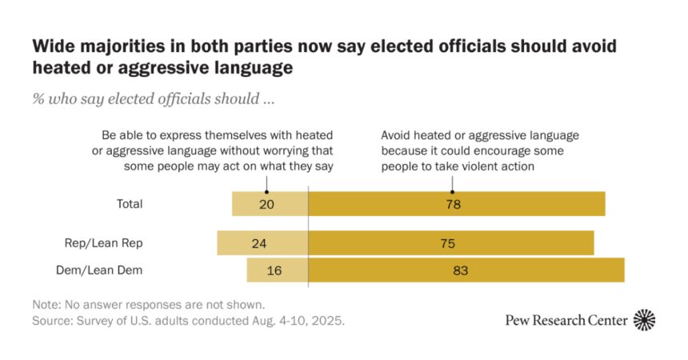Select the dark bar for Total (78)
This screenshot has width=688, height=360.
456,204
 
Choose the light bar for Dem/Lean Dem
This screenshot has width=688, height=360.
277,270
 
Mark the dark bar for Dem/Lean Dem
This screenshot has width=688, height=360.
466,270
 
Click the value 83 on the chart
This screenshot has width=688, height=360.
460,270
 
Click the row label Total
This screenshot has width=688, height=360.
129,204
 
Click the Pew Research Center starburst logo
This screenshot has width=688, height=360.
644,320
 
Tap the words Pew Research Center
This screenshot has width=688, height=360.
566,321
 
